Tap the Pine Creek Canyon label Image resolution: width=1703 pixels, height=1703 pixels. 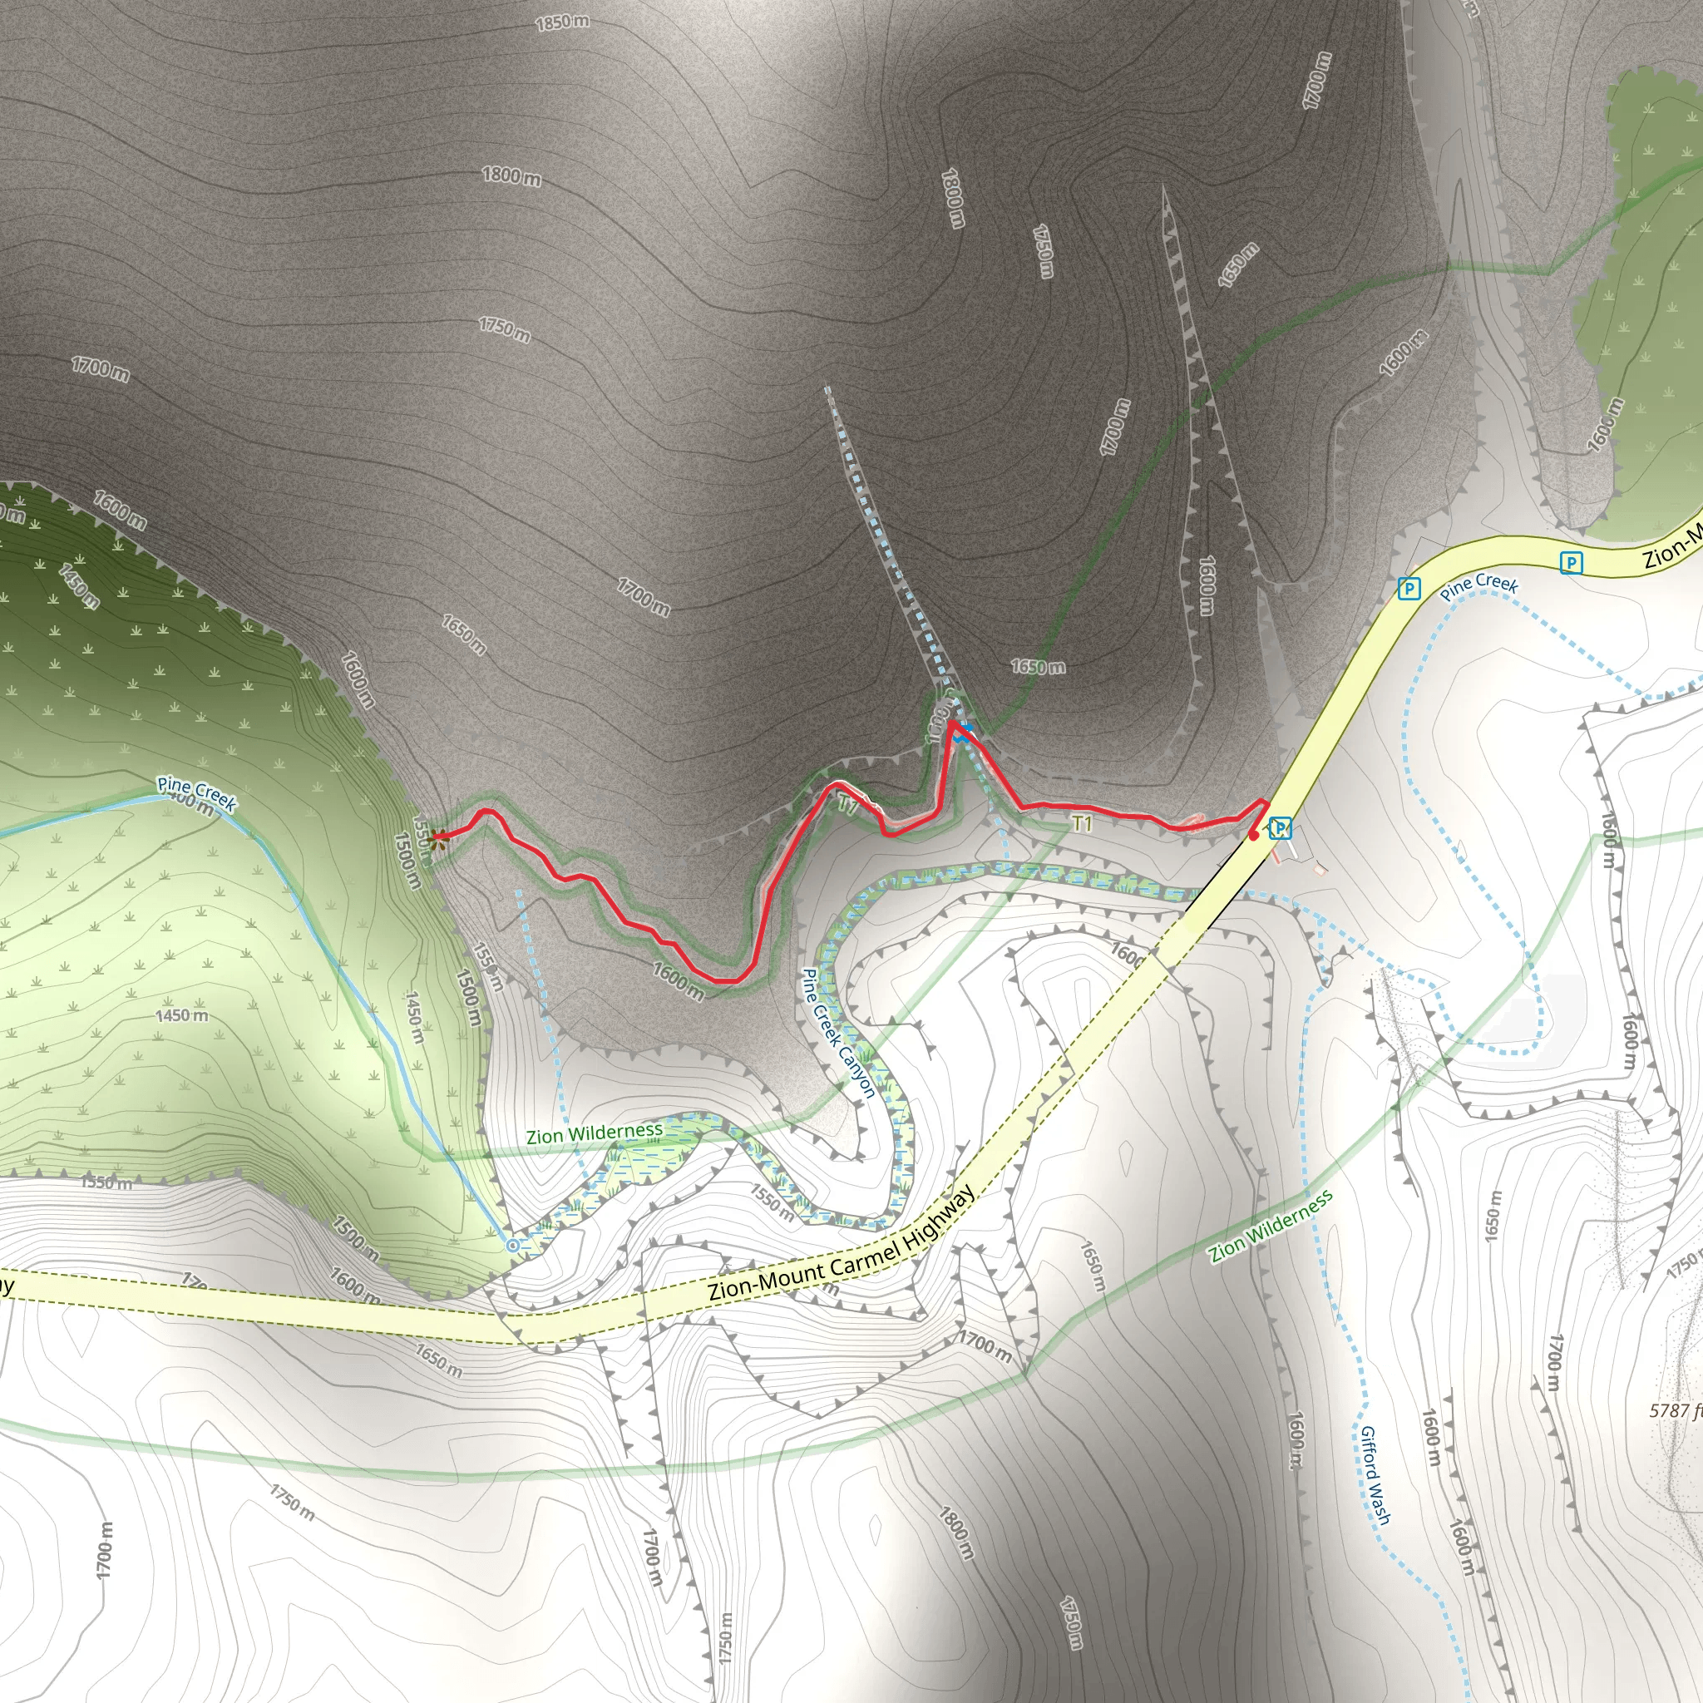837,1033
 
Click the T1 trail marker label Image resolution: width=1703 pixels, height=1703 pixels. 1082,823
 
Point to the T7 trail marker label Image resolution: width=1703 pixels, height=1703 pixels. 847,804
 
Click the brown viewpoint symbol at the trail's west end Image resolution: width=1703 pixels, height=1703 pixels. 438,837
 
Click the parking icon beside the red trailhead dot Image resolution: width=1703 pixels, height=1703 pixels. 1281,827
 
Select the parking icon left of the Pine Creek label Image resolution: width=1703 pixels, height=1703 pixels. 1409,588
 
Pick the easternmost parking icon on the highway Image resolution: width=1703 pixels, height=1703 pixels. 1570,562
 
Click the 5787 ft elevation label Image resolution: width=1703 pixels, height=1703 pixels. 1675,1410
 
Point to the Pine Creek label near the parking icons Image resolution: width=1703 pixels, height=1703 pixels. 1479,585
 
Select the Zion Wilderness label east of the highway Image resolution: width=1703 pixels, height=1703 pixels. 1271,1227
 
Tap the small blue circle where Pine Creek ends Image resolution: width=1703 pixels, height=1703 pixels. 513,1246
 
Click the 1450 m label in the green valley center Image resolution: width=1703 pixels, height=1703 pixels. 182,1015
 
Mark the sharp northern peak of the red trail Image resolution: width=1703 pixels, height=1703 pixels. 952,723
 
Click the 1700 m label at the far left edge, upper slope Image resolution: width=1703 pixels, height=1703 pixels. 100,369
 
